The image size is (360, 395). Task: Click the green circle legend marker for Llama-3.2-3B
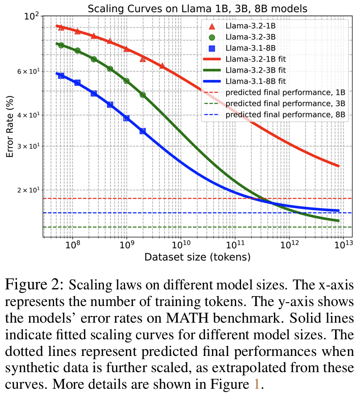[x=212, y=37]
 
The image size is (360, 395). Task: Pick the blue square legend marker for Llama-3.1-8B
[x=212, y=48]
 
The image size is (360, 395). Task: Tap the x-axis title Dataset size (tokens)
[x=197, y=257]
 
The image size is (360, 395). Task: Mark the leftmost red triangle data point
[x=61, y=27]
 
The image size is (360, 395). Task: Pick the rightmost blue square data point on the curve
[x=143, y=131]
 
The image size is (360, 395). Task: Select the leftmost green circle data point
[x=61, y=45]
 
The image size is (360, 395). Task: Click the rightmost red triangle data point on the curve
[x=162, y=66]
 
